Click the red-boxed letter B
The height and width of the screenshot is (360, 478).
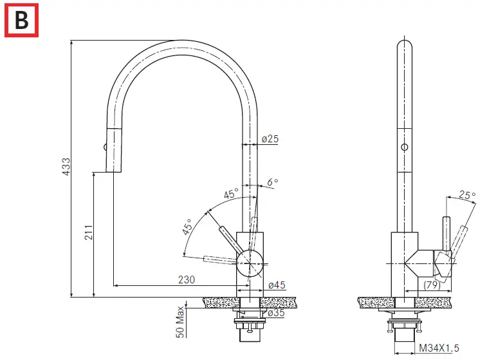pyautogui.click(x=22, y=21)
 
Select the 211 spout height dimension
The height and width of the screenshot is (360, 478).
pyautogui.click(x=89, y=232)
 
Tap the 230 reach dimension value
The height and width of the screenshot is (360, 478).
pyautogui.click(x=187, y=280)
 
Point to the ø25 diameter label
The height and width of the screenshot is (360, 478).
pyautogui.click(x=270, y=138)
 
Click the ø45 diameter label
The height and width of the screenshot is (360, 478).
pyautogui.click(x=277, y=285)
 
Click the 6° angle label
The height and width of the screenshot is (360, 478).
pyautogui.click(x=273, y=182)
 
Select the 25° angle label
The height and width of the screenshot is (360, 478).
pyautogui.click(x=468, y=194)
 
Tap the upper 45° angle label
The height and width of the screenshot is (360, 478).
pyautogui.click(x=230, y=193)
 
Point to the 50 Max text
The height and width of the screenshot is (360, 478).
pyautogui.click(x=181, y=323)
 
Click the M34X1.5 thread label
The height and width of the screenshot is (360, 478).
pyautogui.click(x=440, y=348)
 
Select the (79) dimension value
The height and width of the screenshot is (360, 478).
pyautogui.click(x=432, y=284)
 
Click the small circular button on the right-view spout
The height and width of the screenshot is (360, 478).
pyautogui.click(x=404, y=147)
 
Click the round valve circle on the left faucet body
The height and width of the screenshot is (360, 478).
pyautogui.click(x=250, y=264)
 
